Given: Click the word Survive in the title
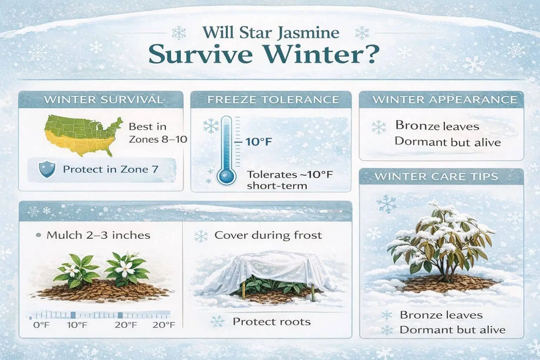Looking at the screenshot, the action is (201, 54).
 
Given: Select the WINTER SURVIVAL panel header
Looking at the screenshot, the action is (101, 99).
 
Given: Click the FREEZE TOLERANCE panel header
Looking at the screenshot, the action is (271, 99).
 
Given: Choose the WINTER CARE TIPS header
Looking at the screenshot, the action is (441, 176).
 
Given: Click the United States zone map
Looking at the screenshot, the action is (83, 135).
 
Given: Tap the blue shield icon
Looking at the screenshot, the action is (47, 169).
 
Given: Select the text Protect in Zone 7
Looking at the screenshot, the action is (110, 169).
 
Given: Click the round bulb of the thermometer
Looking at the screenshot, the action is (226, 177).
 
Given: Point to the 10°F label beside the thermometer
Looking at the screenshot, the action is (258, 142).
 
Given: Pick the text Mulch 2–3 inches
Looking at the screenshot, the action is (98, 235).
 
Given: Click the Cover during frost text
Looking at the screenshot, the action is (268, 235).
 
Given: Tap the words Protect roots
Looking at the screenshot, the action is (272, 322).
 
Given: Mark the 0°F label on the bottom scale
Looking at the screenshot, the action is (41, 325).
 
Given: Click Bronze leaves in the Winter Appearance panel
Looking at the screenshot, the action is (437, 126).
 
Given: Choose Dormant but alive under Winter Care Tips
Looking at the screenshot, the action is (452, 330).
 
